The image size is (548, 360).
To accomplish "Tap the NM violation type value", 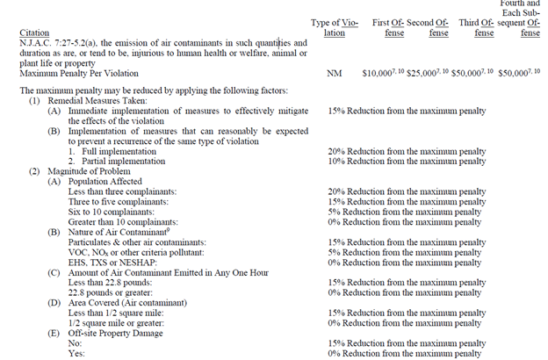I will pos(334,75).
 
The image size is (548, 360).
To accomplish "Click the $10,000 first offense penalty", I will pos(384,75).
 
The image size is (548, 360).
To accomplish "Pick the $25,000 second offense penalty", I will pos(426,75).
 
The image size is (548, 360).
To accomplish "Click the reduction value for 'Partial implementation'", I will pos(407,162).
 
